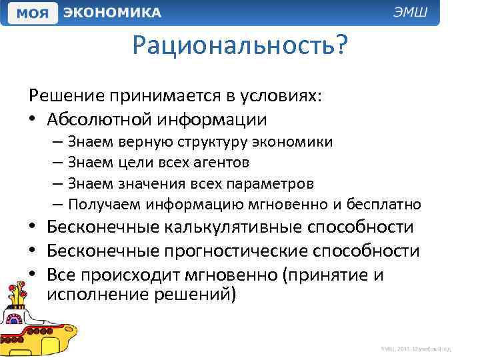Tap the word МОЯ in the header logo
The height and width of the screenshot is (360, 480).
[x=31, y=13]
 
